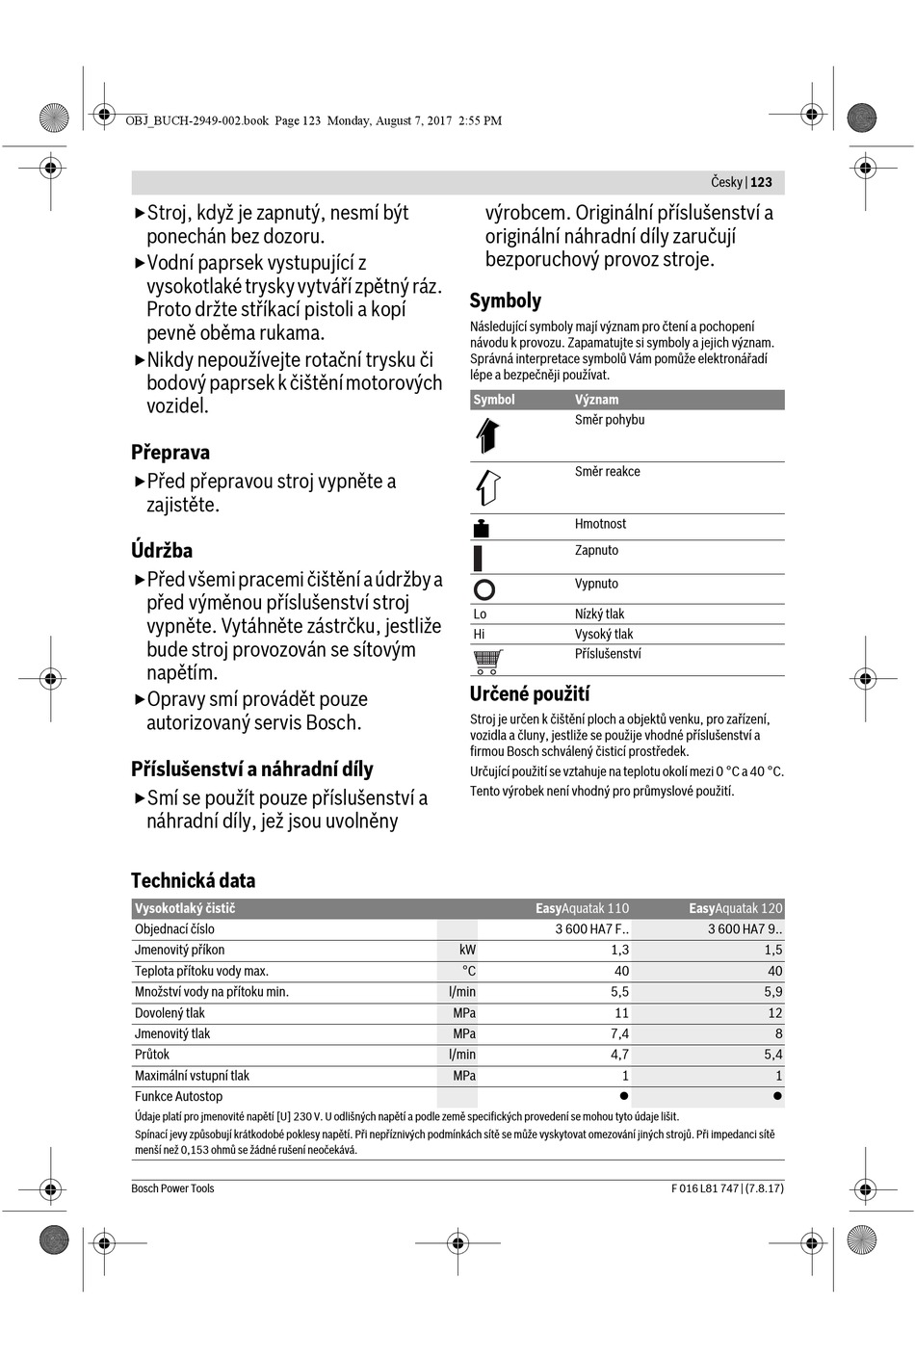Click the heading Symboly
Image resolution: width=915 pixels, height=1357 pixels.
pyautogui.click(x=506, y=300)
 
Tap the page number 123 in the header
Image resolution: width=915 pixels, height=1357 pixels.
pyautogui.click(x=761, y=182)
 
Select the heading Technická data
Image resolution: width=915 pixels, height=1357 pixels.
pyautogui.click(x=193, y=880)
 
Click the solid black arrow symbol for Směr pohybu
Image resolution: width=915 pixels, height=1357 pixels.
pyautogui.click(x=487, y=435)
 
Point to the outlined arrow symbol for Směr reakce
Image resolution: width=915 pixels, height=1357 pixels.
pyautogui.click(x=487, y=487)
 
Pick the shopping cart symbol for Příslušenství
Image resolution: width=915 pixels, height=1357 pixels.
pyautogui.click(x=487, y=661)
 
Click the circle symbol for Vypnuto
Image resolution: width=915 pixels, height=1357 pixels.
pyautogui.click(x=484, y=589)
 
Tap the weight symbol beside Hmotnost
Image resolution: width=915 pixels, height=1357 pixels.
pyautogui.click(x=482, y=528)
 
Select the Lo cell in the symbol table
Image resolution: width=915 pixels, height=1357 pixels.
pyautogui.click(x=480, y=614)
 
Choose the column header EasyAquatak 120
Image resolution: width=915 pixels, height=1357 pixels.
pyautogui.click(x=736, y=908)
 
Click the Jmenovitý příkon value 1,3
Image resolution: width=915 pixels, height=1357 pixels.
pyautogui.click(x=619, y=951)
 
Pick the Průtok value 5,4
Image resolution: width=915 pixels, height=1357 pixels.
pyautogui.click(x=772, y=1055)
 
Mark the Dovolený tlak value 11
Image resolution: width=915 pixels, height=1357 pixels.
pyautogui.click(x=621, y=1013)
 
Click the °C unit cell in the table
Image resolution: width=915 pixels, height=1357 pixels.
pyautogui.click(x=468, y=971)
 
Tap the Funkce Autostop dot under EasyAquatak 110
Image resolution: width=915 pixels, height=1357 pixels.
pyautogui.click(x=624, y=1096)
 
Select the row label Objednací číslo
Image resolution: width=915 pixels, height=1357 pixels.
pyautogui.click(x=174, y=929)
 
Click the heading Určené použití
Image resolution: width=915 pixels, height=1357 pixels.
pyautogui.click(x=530, y=694)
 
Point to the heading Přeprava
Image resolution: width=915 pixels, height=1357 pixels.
pyautogui.click(x=170, y=453)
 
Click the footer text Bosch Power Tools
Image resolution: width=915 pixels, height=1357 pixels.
pyautogui.click(x=172, y=1188)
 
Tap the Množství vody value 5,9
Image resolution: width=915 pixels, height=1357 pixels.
pyautogui.click(x=772, y=992)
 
